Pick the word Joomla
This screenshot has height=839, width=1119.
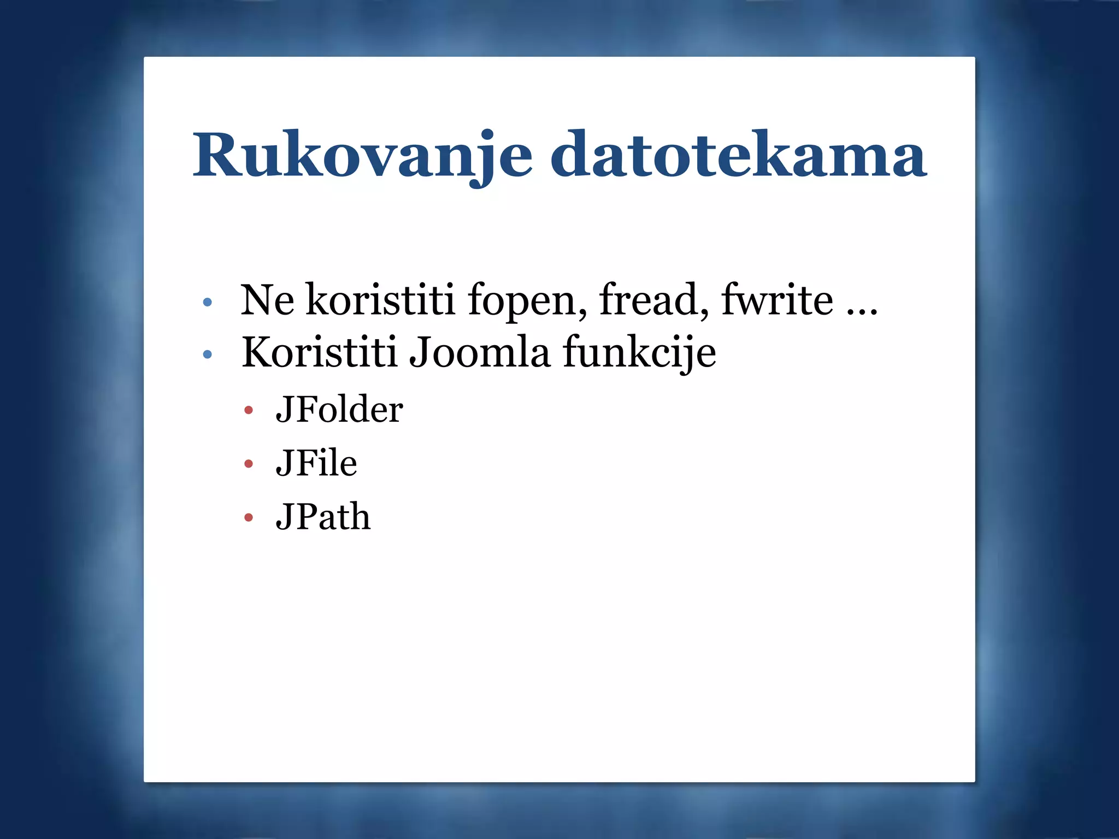[479, 352]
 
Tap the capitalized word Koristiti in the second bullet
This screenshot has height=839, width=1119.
[319, 352]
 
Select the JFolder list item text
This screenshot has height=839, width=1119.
[339, 410]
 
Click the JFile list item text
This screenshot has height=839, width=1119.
[316, 463]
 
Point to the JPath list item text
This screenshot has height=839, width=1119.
[323, 517]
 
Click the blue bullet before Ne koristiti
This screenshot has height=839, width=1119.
[207, 302]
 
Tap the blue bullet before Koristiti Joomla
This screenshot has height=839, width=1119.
[207, 354]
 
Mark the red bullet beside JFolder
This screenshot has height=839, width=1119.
[249, 410]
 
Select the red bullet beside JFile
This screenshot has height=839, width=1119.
[249, 464]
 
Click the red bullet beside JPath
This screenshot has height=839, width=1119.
[249, 517]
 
